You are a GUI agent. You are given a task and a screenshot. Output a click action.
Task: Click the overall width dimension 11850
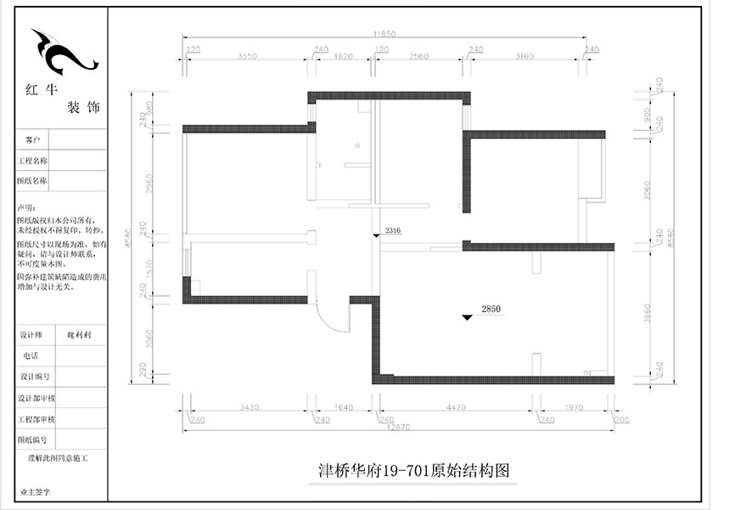tap(385, 33)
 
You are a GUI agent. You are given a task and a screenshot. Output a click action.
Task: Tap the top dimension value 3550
tap(247, 56)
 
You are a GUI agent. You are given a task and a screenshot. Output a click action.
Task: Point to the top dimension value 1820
tap(344, 56)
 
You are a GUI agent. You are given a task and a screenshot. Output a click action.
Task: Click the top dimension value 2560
tap(419, 56)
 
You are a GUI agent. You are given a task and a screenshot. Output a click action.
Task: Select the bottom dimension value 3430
tap(249, 408)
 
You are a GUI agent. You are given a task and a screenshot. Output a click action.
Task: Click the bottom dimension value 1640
tap(344, 408)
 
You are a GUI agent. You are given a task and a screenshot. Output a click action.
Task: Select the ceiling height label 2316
tap(392, 231)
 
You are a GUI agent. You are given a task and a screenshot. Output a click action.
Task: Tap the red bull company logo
tap(63, 54)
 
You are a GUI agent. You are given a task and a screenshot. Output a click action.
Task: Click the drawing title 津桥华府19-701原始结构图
tap(413, 470)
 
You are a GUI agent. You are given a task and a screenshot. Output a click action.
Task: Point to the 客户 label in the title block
tap(33, 139)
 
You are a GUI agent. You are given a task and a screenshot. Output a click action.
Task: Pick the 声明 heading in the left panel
tap(26, 208)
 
